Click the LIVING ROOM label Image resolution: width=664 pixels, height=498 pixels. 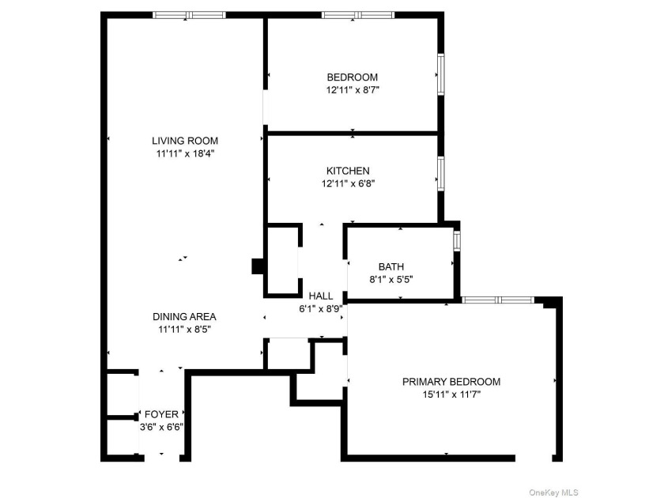coord(185,141)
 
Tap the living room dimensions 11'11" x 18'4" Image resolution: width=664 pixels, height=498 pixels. coord(186,153)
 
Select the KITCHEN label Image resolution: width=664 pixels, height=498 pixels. coord(348,171)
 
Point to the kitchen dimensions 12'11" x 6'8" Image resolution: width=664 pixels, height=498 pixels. coord(348,183)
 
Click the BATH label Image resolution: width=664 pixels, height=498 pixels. coord(391,267)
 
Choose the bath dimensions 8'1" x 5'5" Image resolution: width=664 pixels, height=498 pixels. coord(391,280)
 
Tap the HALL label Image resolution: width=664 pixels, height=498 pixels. coord(321,296)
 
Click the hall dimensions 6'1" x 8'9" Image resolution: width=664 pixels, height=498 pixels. coord(321,309)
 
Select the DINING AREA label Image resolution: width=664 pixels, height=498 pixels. coord(185,317)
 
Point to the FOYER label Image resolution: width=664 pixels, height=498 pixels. coord(162,414)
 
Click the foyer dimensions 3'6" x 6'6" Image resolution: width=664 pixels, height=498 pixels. coord(162,427)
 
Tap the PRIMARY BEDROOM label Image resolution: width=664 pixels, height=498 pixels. coord(451,382)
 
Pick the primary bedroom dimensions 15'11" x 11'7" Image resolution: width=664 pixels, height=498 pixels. coord(451,394)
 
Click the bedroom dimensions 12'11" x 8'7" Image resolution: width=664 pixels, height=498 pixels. coord(353,90)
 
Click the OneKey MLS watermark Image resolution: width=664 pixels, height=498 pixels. coord(553,492)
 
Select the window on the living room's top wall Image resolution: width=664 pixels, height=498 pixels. coord(189,15)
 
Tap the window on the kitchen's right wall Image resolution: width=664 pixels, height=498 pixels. coord(441,174)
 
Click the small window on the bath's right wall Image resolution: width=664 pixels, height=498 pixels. coord(457,240)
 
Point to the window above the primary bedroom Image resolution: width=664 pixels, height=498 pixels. coord(497,300)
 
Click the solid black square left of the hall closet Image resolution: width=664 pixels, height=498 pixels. coord(258,266)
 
